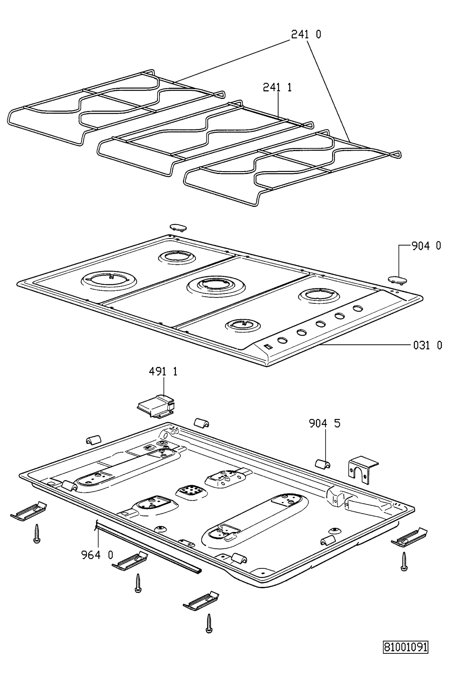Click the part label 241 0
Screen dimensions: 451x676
306,34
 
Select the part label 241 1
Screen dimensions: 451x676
277,87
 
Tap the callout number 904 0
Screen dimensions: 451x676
426,246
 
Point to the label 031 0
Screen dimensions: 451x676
428,345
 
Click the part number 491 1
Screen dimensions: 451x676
163,371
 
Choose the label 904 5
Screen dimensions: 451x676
325,424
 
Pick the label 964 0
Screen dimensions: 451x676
97,555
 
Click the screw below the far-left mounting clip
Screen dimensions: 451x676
36,534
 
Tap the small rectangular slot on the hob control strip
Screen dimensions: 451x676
267,347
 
